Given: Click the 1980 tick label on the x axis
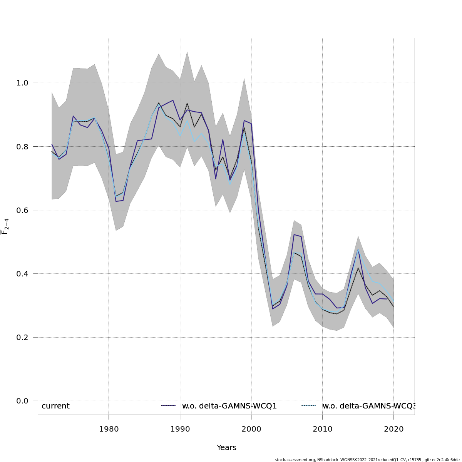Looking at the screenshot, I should click(x=109, y=429).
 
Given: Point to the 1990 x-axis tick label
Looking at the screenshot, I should click(x=180, y=429).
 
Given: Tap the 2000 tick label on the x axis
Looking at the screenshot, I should click(x=251, y=429).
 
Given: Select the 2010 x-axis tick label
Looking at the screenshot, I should click(x=322, y=429).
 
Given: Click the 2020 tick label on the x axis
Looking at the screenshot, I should click(x=393, y=429).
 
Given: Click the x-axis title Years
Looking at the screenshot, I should click(x=226, y=448).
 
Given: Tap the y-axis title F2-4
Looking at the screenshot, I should click(x=5, y=226).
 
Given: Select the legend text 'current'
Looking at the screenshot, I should click(x=55, y=406).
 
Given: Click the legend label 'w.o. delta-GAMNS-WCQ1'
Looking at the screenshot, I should click(x=229, y=406).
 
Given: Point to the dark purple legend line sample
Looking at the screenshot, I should click(x=168, y=406).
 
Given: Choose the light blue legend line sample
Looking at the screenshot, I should click(x=308, y=406).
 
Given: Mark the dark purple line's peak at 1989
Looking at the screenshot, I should click(x=173, y=100).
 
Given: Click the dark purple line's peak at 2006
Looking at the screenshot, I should click(x=294, y=234).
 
